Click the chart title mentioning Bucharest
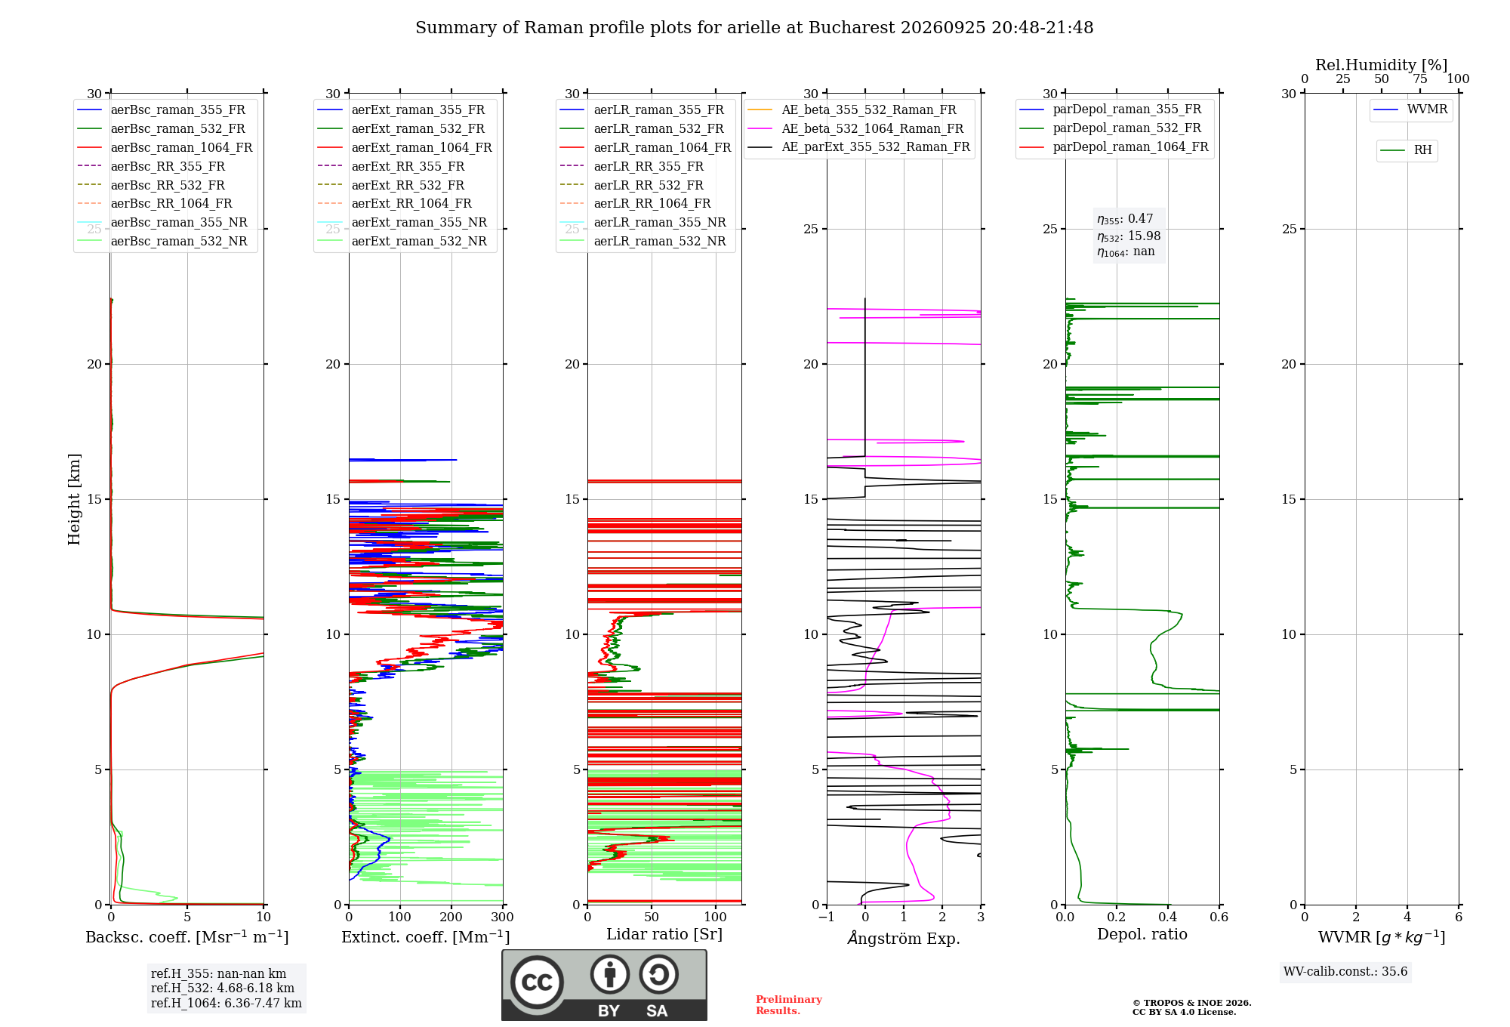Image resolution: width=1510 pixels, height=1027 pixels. point(754,28)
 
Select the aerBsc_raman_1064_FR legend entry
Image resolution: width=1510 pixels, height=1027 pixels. point(165,147)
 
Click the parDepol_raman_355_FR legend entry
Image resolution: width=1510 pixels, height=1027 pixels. point(1110,109)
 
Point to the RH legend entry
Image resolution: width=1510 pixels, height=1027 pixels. point(1406,150)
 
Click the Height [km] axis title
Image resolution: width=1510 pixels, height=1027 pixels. point(74,499)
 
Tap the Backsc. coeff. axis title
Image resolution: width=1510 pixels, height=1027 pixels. point(187,936)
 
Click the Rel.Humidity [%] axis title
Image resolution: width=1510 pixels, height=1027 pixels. point(1382,65)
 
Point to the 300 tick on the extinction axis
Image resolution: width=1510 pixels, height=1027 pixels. point(502,917)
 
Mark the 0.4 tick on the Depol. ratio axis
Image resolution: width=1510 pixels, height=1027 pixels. point(1168,917)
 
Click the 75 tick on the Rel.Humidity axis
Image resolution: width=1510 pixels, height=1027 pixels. point(1420,79)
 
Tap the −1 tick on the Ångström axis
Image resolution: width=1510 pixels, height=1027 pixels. point(826,917)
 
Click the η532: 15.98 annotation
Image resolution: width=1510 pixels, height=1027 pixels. point(1129,236)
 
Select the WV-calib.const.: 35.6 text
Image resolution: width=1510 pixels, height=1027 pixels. point(1345,972)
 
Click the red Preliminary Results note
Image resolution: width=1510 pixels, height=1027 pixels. point(789,1005)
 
